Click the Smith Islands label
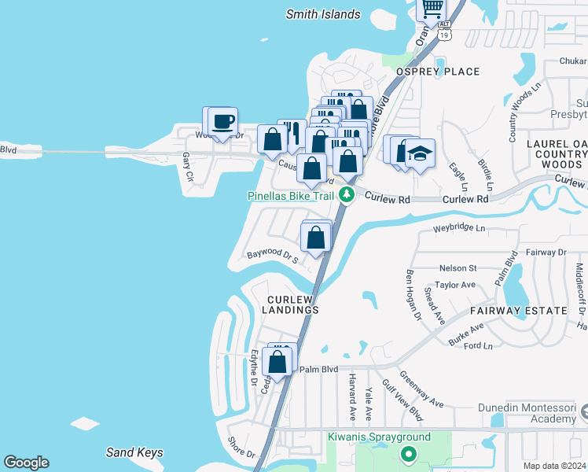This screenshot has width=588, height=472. pyautogui.click(x=323, y=14)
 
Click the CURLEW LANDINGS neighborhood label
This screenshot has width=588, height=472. pyautogui.click(x=292, y=304)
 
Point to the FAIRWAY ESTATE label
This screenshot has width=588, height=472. pyautogui.click(x=518, y=311)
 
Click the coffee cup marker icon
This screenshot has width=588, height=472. pyautogui.click(x=223, y=121)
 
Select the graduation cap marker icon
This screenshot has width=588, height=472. pyautogui.click(x=420, y=152)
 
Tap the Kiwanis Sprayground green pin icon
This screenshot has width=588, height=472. pyautogui.click(x=408, y=453)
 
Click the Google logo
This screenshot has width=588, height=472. pyautogui.click(x=26, y=463)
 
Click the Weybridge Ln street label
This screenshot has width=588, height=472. pyautogui.click(x=460, y=228)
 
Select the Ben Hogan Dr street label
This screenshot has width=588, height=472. pyautogui.click(x=413, y=294)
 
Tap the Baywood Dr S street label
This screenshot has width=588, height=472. pyautogui.click(x=272, y=256)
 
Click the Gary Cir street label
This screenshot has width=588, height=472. pyautogui.click(x=187, y=167)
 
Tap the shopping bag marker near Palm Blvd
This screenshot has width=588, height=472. pyautogui.click(x=277, y=362)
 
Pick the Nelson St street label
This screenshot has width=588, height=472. pyautogui.click(x=458, y=268)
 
